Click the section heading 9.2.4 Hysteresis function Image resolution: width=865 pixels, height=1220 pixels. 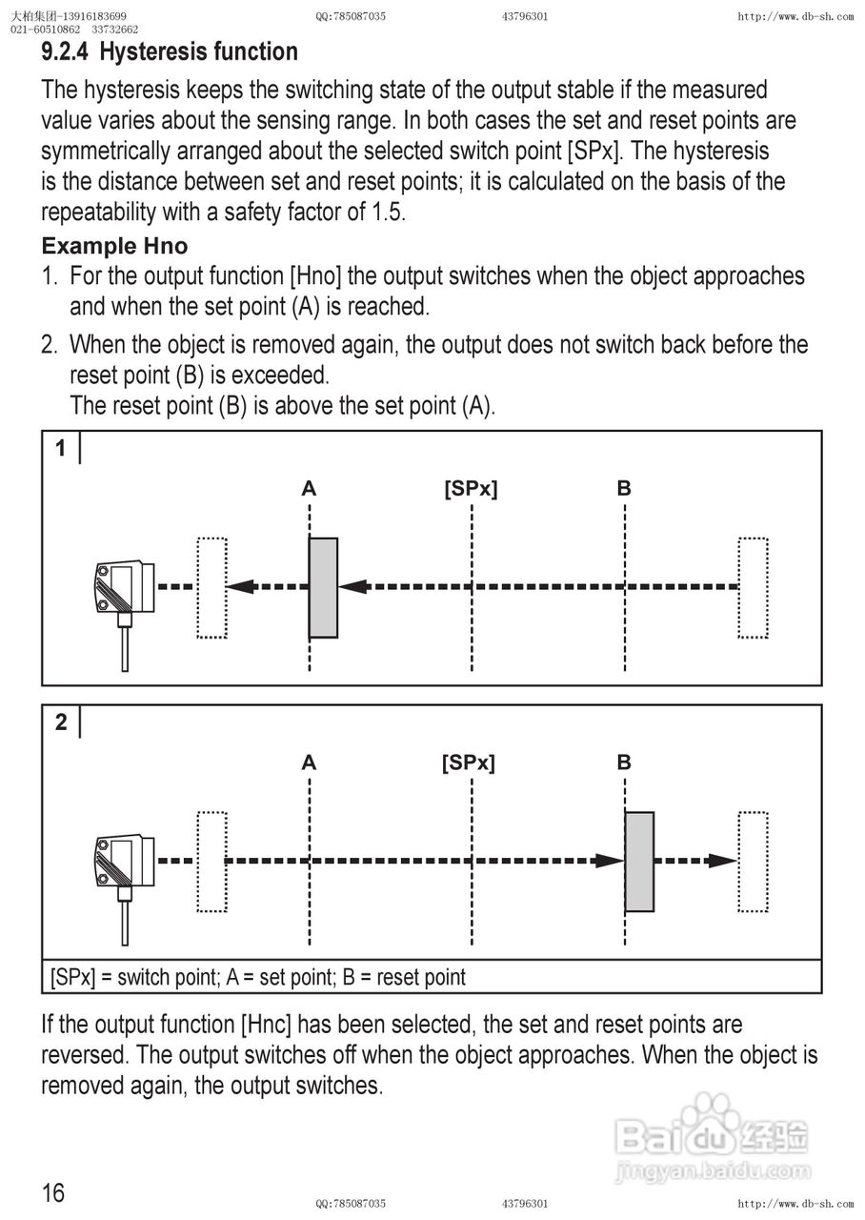pyautogui.click(x=170, y=51)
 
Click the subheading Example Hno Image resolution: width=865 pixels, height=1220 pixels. pyautogui.click(x=114, y=246)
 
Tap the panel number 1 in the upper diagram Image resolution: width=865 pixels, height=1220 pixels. pyautogui.click(x=61, y=448)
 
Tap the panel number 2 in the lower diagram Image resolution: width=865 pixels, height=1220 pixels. pyautogui.click(x=61, y=722)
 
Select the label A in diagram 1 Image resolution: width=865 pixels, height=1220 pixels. pyautogui.click(x=309, y=489)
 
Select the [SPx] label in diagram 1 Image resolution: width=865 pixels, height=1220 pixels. pyautogui.click(x=471, y=489)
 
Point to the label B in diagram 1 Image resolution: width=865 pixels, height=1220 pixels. pyautogui.click(x=624, y=489)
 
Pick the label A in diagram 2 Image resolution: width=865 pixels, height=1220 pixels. pyautogui.click(x=309, y=762)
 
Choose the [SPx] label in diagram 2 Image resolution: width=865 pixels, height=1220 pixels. pyautogui.click(x=469, y=762)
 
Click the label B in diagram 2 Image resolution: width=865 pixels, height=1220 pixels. pyautogui.click(x=624, y=762)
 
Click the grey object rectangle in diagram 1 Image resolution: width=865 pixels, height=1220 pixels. pyautogui.click(x=324, y=587)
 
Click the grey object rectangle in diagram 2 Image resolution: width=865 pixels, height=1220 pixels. pyautogui.click(x=639, y=862)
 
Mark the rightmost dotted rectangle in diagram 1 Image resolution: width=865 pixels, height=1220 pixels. pyautogui.click(x=753, y=587)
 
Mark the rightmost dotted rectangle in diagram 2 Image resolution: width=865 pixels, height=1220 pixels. pyautogui.click(x=753, y=862)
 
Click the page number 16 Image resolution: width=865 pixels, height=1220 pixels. pyautogui.click(x=53, y=1192)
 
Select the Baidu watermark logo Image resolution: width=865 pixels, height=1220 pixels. pyautogui.click(x=714, y=1139)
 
